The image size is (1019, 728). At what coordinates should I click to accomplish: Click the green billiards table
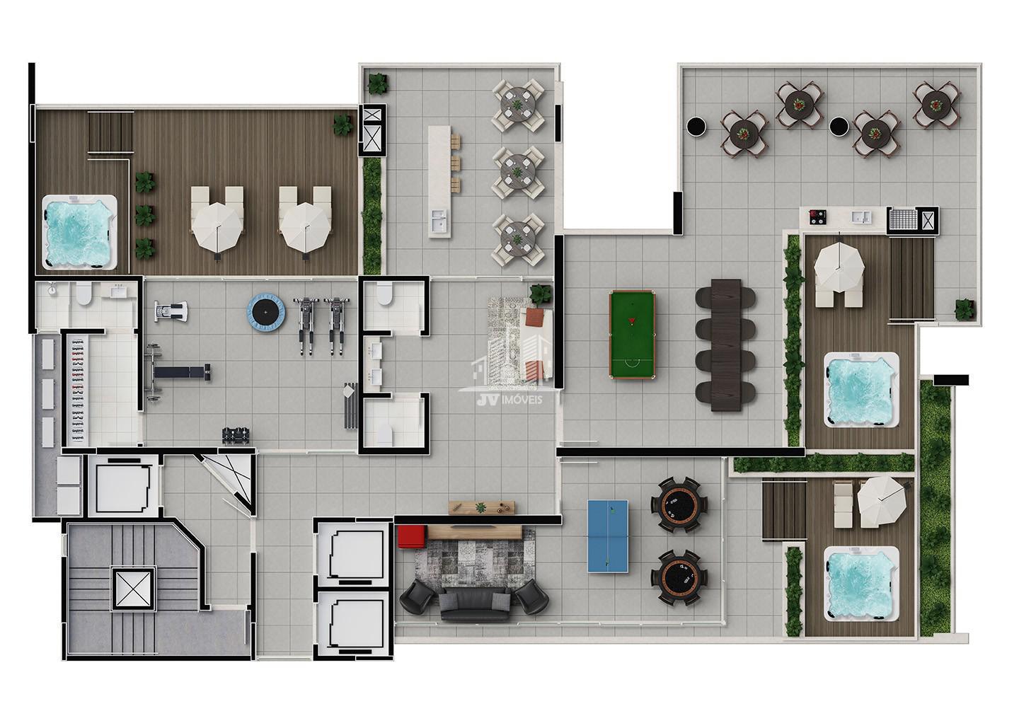[633, 335]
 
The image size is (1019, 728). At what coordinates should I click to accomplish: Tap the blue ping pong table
[609, 536]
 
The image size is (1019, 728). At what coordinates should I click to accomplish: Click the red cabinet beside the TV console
[412, 536]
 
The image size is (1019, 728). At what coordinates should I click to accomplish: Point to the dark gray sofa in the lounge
[475, 604]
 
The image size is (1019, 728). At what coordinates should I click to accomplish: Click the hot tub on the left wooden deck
[80, 232]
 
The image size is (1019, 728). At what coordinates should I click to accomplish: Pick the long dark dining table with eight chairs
[725, 345]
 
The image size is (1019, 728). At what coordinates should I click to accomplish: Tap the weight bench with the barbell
[178, 372]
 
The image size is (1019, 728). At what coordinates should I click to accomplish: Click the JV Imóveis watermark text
[509, 400]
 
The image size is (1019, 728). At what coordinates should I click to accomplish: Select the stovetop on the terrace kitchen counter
[817, 217]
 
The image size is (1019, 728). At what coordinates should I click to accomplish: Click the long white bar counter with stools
[440, 181]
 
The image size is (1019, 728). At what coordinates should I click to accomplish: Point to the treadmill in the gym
[171, 311]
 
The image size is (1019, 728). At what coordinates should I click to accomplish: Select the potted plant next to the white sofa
[541, 294]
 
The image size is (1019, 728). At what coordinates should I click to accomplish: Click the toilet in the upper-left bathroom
[84, 294]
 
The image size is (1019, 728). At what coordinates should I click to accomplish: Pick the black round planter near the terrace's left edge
[696, 127]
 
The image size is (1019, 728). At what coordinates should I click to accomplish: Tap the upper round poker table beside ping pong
[679, 504]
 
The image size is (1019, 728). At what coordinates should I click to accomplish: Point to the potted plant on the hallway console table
[480, 507]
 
